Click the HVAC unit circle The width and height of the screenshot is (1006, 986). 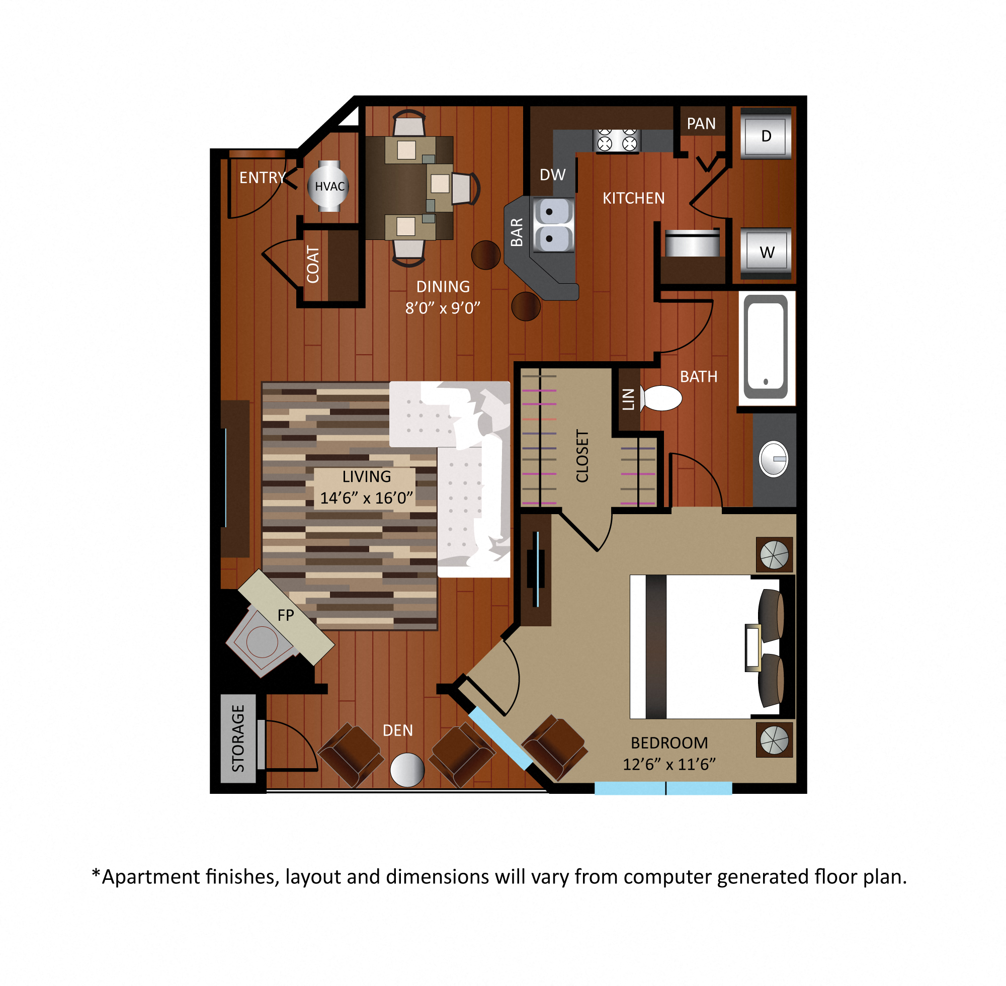(328, 187)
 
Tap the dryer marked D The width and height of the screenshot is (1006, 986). (766, 136)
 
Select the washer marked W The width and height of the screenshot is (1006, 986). (766, 252)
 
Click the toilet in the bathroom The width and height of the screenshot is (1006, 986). (661, 398)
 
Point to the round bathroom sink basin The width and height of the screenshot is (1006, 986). (774, 459)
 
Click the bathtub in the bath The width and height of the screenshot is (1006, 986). (766, 347)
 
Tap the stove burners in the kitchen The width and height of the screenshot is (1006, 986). (617, 140)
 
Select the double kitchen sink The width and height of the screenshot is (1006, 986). (553, 225)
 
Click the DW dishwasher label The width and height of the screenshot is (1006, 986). (552, 175)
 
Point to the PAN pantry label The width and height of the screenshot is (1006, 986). (701, 124)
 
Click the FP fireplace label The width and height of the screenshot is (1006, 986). (286, 615)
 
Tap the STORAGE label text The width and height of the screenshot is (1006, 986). (238, 738)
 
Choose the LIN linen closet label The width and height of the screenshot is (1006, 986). (628, 399)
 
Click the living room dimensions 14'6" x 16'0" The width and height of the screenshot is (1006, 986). (366, 498)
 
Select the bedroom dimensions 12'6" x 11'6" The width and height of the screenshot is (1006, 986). (669, 764)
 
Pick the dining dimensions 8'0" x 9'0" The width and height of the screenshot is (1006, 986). (443, 308)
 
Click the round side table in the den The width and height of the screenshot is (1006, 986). (407, 770)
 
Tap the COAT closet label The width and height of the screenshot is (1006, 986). (313, 265)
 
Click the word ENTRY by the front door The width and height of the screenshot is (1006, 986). (262, 178)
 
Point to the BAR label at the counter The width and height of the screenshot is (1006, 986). (517, 232)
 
